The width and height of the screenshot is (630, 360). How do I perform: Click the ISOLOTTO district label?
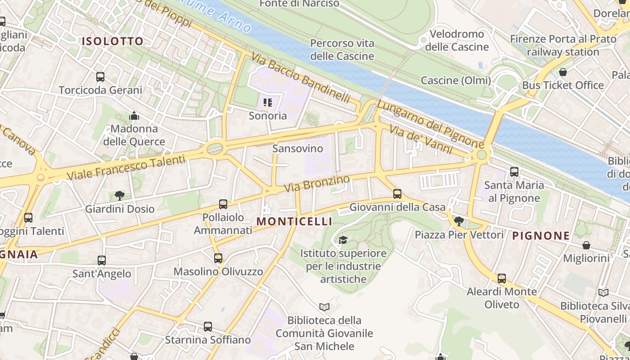click(112, 41)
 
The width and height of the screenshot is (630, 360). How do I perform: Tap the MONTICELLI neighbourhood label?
click(294, 221)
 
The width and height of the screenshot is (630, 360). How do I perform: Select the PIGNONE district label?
click(541, 235)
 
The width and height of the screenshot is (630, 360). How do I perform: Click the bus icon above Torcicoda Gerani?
click(100, 77)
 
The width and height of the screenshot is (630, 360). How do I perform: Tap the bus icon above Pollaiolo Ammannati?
click(223, 204)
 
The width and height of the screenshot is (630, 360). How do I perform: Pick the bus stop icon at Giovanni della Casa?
click(397, 194)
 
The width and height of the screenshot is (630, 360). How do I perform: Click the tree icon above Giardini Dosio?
click(120, 195)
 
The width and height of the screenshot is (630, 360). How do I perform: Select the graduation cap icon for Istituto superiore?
click(343, 240)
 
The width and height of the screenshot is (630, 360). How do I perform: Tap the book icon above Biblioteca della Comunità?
click(324, 307)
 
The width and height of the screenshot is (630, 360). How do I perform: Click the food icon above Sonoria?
click(268, 103)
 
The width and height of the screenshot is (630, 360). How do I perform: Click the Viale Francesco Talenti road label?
click(126, 167)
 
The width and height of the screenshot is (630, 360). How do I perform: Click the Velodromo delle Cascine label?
click(457, 40)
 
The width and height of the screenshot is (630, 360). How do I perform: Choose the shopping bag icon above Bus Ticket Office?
click(563, 72)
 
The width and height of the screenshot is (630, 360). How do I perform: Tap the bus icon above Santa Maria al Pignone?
click(514, 171)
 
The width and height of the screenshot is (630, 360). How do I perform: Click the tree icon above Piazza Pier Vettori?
click(459, 221)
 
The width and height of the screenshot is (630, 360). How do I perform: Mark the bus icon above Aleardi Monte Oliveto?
click(502, 279)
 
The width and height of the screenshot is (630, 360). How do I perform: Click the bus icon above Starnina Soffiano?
click(207, 327)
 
